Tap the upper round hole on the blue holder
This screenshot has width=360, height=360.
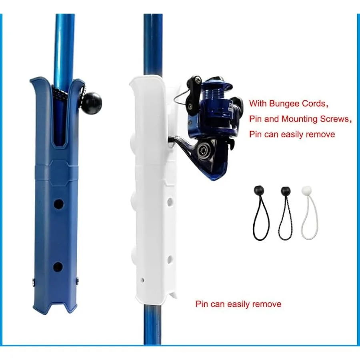point(58,204)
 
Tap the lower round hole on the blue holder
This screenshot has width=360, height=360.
point(58,266)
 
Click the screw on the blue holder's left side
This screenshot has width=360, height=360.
point(34,282)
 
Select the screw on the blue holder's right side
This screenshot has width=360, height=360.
point(77,280)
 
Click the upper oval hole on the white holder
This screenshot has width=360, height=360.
point(170,202)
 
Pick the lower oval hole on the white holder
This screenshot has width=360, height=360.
point(170,260)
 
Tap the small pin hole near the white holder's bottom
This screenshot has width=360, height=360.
point(142,280)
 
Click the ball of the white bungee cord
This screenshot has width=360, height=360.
point(307,191)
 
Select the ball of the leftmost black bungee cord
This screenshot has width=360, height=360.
point(259,190)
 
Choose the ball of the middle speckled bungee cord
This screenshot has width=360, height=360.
point(286,191)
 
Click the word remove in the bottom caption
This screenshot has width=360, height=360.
point(266,304)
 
